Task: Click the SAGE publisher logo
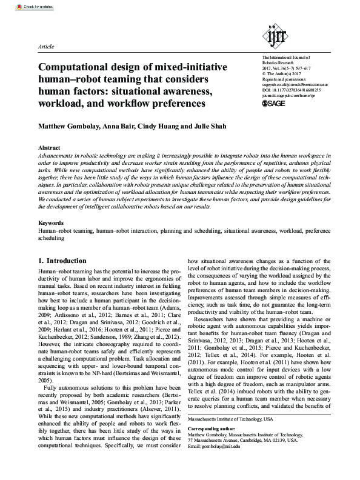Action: (x=275, y=104)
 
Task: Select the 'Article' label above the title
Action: (x=45, y=46)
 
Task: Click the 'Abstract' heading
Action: (x=49, y=148)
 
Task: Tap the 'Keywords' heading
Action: (x=51, y=223)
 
